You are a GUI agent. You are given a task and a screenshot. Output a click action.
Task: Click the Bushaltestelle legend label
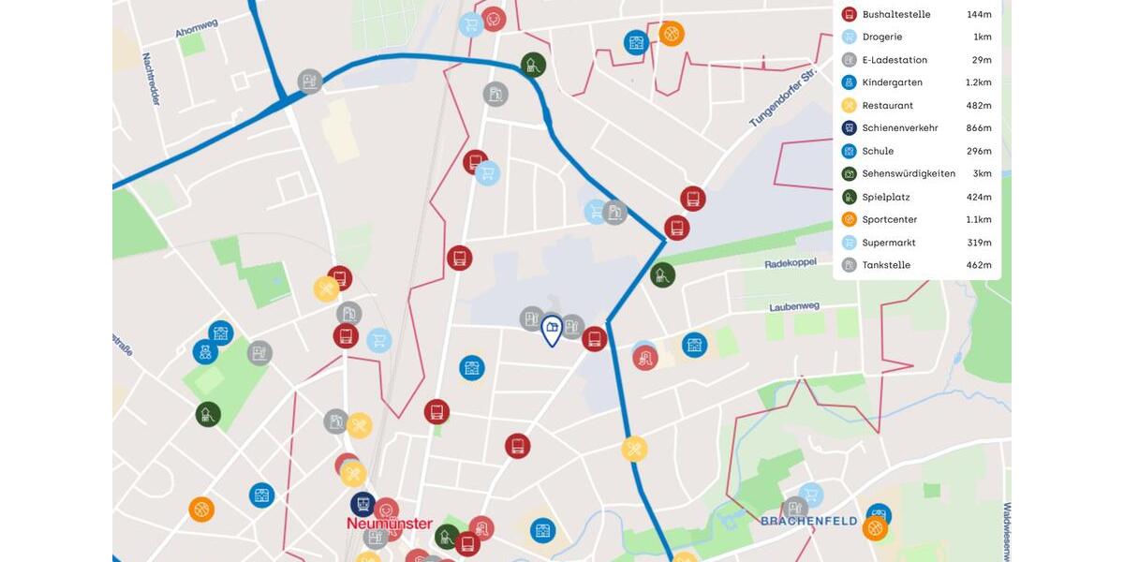point(895,14)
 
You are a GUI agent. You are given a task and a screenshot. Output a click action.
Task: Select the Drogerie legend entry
point(881,37)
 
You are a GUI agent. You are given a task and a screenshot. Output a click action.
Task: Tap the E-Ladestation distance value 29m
point(981,60)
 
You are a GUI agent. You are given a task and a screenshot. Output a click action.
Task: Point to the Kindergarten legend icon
point(850,82)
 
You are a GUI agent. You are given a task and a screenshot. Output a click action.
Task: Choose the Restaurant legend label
point(887,106)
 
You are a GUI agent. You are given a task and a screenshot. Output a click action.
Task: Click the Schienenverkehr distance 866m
point(979,128)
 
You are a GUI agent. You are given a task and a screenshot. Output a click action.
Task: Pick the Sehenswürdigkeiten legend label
point(909,174)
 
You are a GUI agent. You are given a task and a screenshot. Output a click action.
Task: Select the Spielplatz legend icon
point(850,197)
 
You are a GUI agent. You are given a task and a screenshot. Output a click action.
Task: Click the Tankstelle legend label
point(885,265)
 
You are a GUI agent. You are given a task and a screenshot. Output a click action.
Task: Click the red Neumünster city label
point(390,524)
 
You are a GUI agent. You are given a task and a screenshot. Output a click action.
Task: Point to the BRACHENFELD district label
point(808,521)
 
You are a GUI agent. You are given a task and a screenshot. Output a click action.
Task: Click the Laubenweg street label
point(793,306)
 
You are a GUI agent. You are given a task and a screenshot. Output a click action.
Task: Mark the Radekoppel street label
point(791,263)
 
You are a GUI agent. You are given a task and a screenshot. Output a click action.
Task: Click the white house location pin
point(552,329)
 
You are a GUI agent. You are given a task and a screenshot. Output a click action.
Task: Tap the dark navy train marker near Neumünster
point(362,504)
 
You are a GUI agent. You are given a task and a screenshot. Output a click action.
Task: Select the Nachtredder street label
point(151,78)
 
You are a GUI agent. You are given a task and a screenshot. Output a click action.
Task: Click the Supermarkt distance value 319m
point(979,243)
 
